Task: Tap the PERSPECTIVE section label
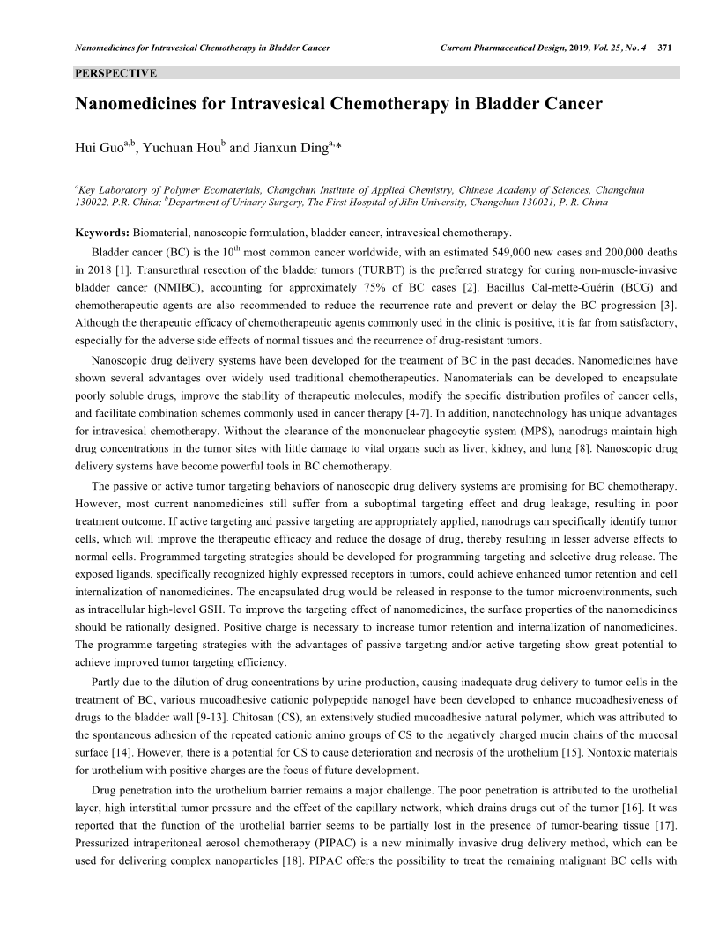pyautogui.click(x=115, y=72)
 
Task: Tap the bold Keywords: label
pyautogui.click(x=101, y=232)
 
